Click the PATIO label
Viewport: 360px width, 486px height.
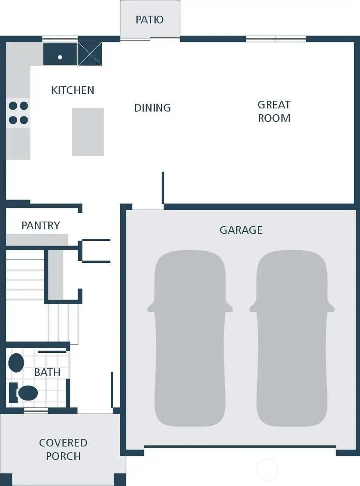[150, 20]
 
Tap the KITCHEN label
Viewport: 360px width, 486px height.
[73, 90]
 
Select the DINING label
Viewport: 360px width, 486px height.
[152, 108]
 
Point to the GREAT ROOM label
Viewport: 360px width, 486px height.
[274, 111]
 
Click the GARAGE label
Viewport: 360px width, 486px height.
[241, 230]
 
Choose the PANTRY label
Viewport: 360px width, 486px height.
[41, 225]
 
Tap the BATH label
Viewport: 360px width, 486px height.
[47, 372]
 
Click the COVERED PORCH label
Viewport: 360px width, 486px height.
[63, 449]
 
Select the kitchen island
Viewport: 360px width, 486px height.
[88, 132]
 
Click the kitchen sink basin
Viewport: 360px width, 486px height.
[60, 55]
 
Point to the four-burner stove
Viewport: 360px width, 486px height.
[18, 113]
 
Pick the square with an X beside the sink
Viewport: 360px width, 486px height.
[90, 54]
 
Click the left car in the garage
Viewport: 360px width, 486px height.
[190, 338]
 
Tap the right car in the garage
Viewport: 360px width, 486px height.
[292, 338]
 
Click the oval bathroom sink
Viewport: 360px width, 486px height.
[16, 362]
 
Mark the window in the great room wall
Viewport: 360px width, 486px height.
[276, 39]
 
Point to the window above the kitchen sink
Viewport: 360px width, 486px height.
[60, 39]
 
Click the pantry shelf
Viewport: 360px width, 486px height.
[37, 240]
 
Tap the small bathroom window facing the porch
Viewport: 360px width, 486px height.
[36, 410]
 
